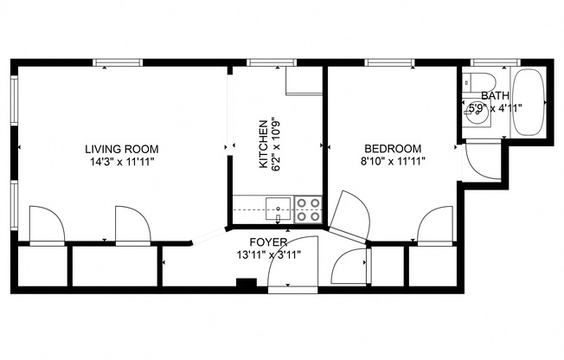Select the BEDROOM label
pos(392,148)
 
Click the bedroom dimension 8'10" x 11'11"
pos(392,161)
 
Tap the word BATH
pos(495,96)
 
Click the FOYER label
pos(267,241)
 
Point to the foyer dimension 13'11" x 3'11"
pos(267,254)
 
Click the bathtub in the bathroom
pos(527,104)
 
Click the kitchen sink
pos(277,206)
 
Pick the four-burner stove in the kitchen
pos(308,207)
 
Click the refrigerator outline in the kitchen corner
pos(303,80)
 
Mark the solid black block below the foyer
pos(246,282)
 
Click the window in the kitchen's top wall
pos(260,62)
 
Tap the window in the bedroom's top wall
pos(379,62)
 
